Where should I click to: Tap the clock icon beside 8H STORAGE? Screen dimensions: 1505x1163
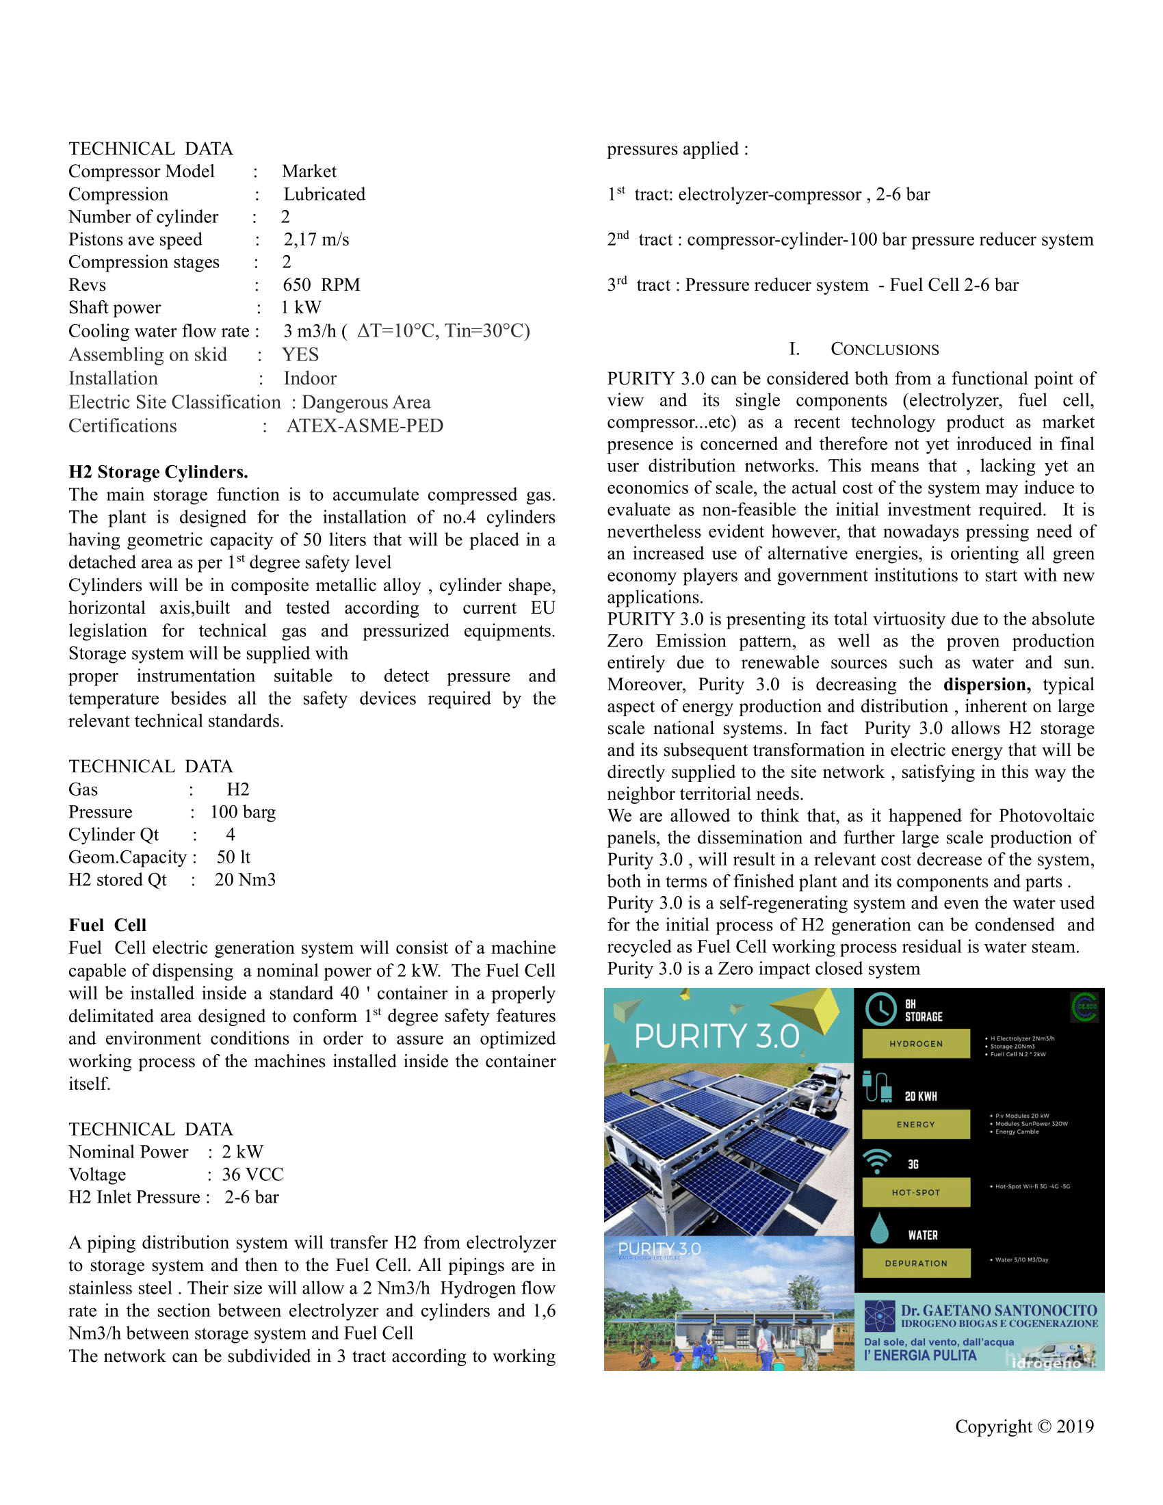click(x=880, y=1009)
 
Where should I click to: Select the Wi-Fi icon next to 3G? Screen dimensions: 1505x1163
click(x=876, y=1161)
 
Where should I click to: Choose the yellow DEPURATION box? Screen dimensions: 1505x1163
click(x=915, y=1263)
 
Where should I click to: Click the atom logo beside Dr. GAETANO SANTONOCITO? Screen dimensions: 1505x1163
click(x=879, y=1316)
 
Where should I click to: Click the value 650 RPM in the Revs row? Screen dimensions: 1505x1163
click(x=321, y=285)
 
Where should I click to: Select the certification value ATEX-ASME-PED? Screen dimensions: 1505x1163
click(x=365, y=426)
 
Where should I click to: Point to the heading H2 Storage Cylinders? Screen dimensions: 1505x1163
click(x=158, y=472)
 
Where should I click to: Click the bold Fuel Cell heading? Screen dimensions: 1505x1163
click(x=107, y=925)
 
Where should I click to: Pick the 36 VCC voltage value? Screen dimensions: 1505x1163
click(x=252, y=1174)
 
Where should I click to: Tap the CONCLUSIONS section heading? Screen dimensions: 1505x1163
click(x=884, y=350)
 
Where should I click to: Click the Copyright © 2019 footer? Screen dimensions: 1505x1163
click(x=1024, y=1426)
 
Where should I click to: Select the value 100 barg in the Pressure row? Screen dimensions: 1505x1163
click(x=243, y=812)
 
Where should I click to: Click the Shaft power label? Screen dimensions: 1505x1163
click(x=114, y=307)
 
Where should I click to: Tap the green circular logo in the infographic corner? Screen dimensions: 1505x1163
click(x=1084, y=1007)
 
